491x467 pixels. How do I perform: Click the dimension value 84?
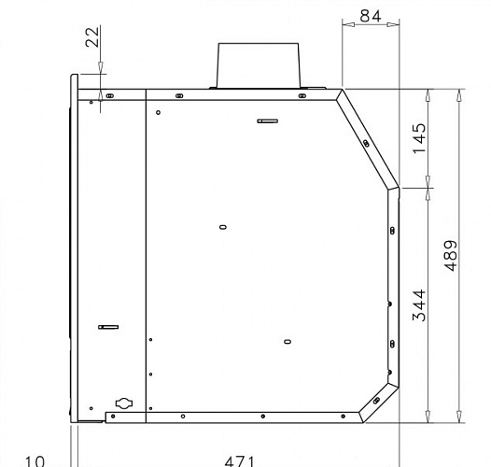371,16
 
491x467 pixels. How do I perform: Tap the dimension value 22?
92,37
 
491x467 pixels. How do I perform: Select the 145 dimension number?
420,138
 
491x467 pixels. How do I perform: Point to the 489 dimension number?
451,256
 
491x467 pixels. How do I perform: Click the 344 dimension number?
420,305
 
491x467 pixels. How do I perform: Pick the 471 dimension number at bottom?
240,461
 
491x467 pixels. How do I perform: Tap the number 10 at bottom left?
35,461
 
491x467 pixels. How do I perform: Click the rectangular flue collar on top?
259,65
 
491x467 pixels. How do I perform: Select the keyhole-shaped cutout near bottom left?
124,403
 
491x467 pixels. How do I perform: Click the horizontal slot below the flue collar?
268,121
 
